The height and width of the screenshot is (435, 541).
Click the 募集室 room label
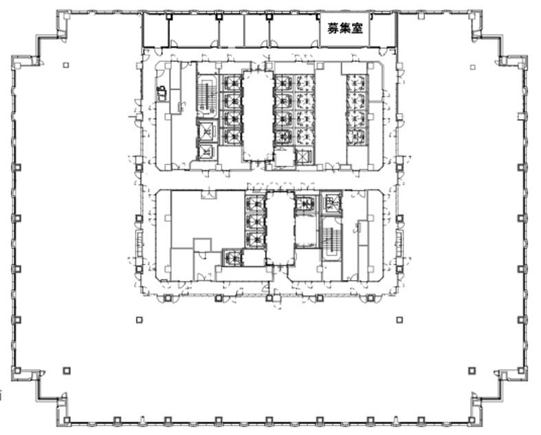[345, 28]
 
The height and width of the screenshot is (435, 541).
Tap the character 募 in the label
[333, 28]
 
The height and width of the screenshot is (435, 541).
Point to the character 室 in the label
[357, 28]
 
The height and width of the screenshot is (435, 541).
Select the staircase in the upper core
[207, 94]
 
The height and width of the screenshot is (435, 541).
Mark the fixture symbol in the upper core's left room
[162, 93]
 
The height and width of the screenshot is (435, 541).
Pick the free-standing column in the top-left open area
[66, 65]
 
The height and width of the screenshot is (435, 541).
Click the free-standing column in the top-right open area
[473, 67]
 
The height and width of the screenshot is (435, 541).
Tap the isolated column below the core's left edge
[139, 320]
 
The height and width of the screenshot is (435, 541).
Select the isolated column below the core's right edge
[399, 320]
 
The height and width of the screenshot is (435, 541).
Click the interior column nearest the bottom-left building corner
[67, 371]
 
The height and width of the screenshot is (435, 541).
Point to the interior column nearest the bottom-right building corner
[472, 371]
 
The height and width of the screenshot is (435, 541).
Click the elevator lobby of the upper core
[257, 115]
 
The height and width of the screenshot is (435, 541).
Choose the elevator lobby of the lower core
[280, 228]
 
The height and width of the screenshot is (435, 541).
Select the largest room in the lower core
[208, 219]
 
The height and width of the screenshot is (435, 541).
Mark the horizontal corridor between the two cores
[269, 180]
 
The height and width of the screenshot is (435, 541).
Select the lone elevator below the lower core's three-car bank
[232, 257]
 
